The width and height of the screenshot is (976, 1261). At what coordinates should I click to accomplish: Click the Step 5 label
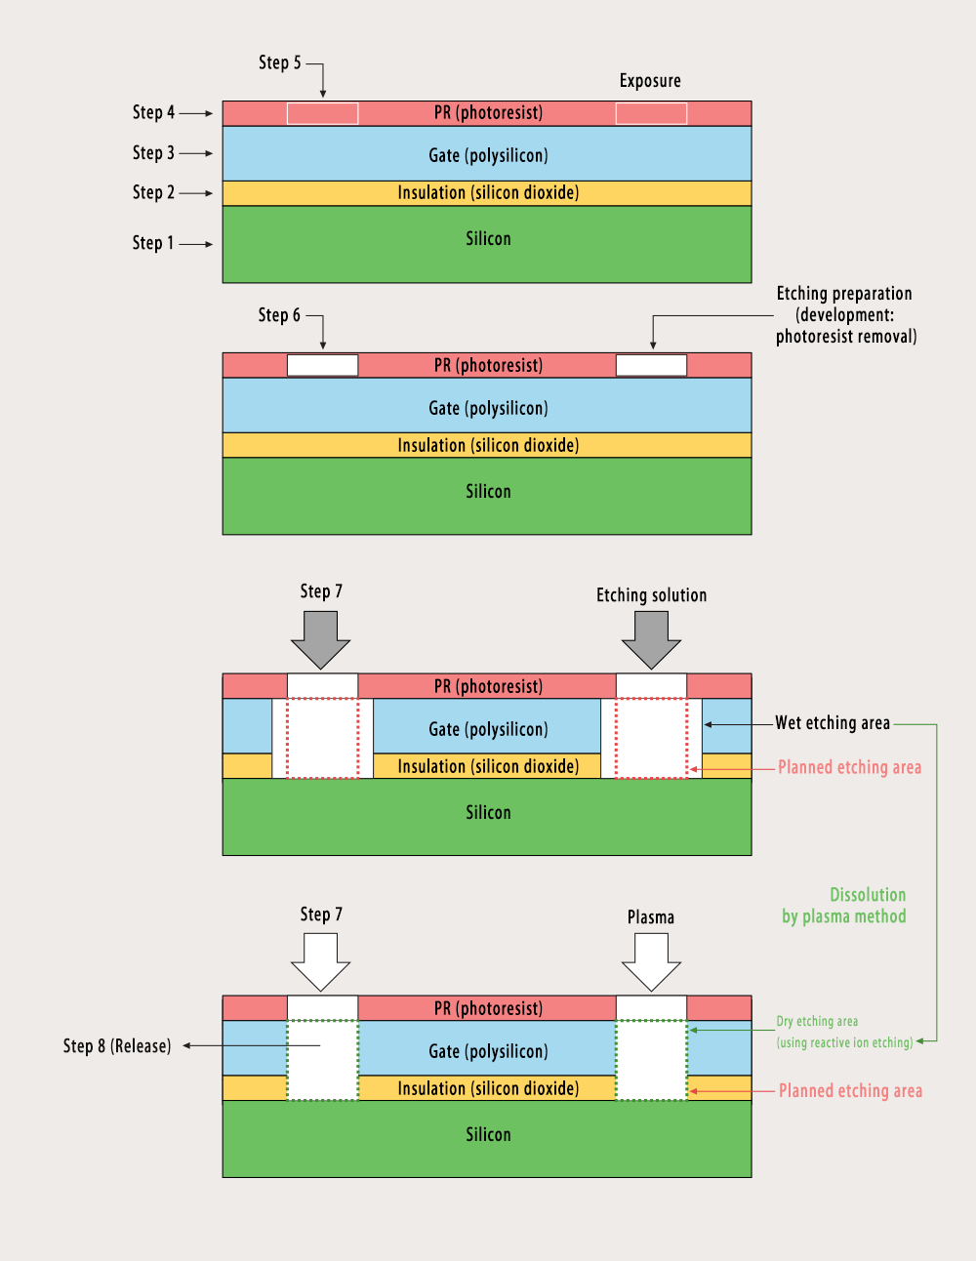(280, 62)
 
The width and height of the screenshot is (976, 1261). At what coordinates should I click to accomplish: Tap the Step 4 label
(154, 112)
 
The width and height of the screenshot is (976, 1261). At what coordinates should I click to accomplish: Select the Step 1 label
(153, 243)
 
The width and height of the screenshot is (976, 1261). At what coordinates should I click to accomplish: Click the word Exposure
(650, 81)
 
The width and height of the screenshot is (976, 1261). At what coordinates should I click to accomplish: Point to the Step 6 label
(279, 315)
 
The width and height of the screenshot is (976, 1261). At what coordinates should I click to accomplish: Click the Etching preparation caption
(845, 314)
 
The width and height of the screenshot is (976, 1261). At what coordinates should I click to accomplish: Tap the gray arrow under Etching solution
(651, 638)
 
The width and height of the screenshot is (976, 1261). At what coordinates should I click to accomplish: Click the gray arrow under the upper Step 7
(320, 638)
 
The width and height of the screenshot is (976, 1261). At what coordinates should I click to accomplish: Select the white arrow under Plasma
(651, 960)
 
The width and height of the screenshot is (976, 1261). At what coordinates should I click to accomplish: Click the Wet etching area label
(833, 723)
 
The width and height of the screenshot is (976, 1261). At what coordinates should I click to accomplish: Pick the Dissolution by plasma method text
(844, 906)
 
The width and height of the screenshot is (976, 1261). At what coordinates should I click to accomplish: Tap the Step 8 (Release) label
(117, 1046)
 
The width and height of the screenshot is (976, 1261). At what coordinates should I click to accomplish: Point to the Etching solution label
(651, 595)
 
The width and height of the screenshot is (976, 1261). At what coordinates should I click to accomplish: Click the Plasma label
(651, 917)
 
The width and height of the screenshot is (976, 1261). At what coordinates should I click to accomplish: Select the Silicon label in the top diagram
(488, 239)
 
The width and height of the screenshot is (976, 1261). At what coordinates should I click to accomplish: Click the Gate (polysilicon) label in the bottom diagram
(488, 1051)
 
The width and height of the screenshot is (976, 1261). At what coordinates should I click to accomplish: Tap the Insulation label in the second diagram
(488, 445)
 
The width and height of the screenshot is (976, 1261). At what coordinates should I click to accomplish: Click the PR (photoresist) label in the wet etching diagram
(488, 686)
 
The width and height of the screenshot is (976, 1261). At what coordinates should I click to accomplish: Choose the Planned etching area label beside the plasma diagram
(850, 1091)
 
